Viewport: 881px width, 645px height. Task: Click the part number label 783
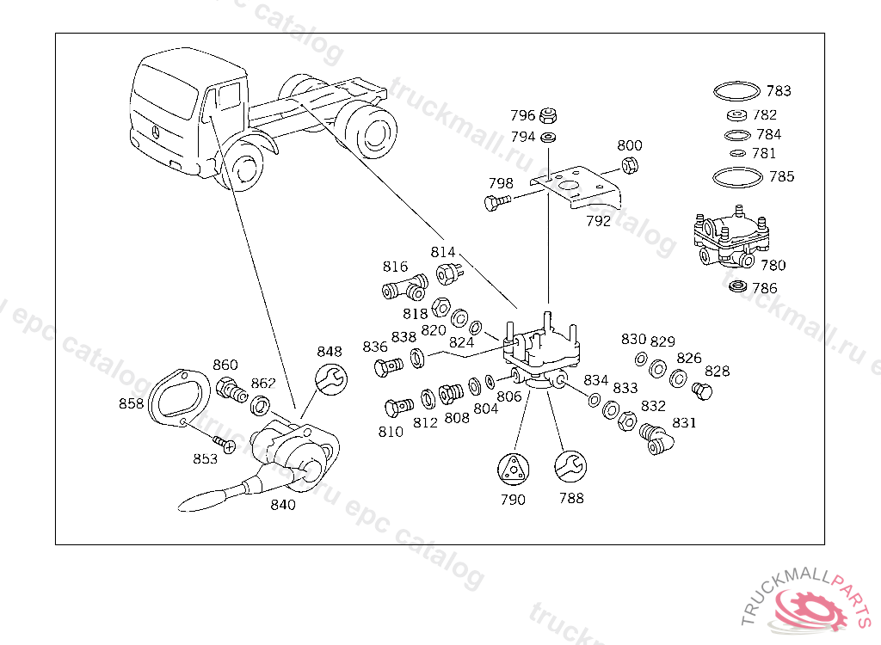point(779,91)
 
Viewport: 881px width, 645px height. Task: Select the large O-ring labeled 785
point(737,177)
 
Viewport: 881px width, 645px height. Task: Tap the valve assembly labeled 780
point(724,238)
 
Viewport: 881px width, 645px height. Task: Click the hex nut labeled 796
point(552,115)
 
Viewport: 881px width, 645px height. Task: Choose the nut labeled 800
point(629,166)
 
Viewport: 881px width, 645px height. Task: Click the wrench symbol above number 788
point(570,469)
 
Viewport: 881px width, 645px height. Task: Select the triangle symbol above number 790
point(513,469)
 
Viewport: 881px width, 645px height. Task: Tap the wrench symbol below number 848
point(331,378)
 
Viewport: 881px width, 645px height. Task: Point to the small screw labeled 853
point(226,445)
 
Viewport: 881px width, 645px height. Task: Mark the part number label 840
point(282,505)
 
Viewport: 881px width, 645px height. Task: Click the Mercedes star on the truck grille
point(156,132)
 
